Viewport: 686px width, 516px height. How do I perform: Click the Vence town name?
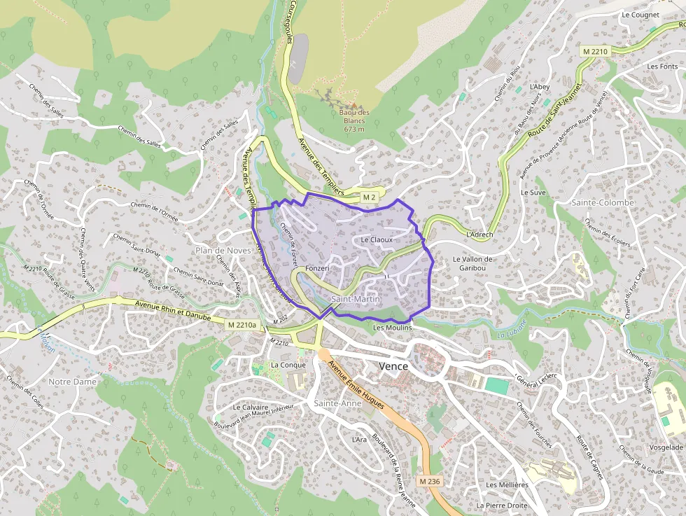[393, 366]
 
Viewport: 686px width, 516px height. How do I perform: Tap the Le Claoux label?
[377, 239]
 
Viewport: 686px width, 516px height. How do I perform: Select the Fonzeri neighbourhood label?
[317, 269]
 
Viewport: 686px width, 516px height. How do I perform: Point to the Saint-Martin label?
[356, 300]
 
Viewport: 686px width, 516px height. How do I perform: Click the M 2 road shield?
[370, 198]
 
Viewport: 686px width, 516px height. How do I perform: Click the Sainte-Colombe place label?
[602, 202]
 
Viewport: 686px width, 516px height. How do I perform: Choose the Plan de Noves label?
[223, 250]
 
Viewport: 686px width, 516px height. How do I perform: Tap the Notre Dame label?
[72, 382]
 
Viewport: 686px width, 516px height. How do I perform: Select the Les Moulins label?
[393, 327]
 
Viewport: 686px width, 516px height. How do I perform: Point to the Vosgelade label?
[666, 447]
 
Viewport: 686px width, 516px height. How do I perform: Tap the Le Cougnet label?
[640, 14]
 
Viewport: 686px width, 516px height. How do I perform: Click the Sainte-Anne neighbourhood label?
[337, 403]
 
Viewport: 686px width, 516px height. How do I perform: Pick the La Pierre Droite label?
[502, 505]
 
